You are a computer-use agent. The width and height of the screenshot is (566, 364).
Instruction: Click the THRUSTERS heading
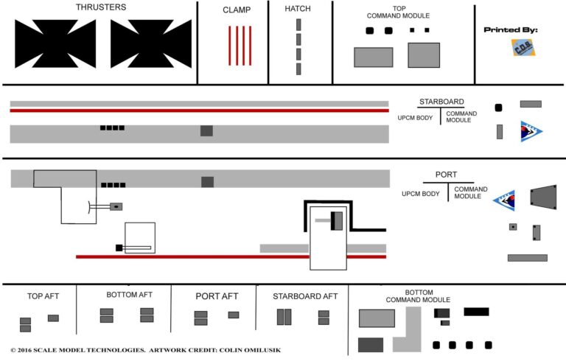tap(101, 7)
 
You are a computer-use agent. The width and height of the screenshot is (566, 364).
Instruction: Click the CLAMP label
tap(237, 10)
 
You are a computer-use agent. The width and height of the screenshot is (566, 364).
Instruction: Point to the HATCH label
tap(298, 9)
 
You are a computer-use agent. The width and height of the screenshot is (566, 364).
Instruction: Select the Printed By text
tap(511, 30)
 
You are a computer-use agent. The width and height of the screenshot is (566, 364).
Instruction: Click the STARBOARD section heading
tap(440, 102)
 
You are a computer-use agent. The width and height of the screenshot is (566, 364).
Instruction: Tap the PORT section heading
tap(446, 175)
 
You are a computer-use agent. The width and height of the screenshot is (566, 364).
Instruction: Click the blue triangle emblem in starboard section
tap(529, 131)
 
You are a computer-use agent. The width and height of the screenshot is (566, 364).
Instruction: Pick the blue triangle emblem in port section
tap(506, 200)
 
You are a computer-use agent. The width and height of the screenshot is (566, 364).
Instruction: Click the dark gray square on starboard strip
tap(206, 130)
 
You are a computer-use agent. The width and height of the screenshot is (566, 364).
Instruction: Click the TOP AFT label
tap(43, 296)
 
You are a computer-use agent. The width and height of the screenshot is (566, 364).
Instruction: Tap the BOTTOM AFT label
tap(129, 295)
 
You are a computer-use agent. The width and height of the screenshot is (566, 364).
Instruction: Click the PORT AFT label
tap(217, 296)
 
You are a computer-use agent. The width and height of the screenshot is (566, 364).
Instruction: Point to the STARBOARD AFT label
tap(305, 296)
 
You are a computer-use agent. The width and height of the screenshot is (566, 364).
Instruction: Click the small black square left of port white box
tap(118, 247)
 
